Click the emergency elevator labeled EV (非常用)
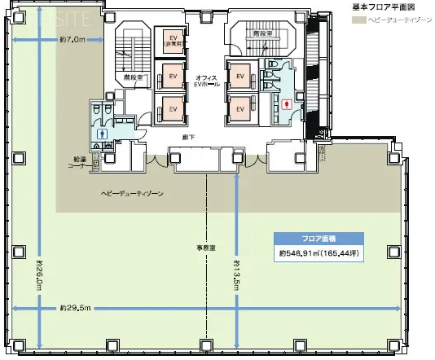(172, 42)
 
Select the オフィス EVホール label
(205, 79)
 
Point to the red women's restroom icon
(286, 103)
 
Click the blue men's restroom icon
(101, 130)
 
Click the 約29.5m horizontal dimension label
(74, 308)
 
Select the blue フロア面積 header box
(310, 239)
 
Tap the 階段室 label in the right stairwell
(261, 34)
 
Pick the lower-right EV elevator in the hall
(239, 107)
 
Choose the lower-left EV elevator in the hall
(172, 107)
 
